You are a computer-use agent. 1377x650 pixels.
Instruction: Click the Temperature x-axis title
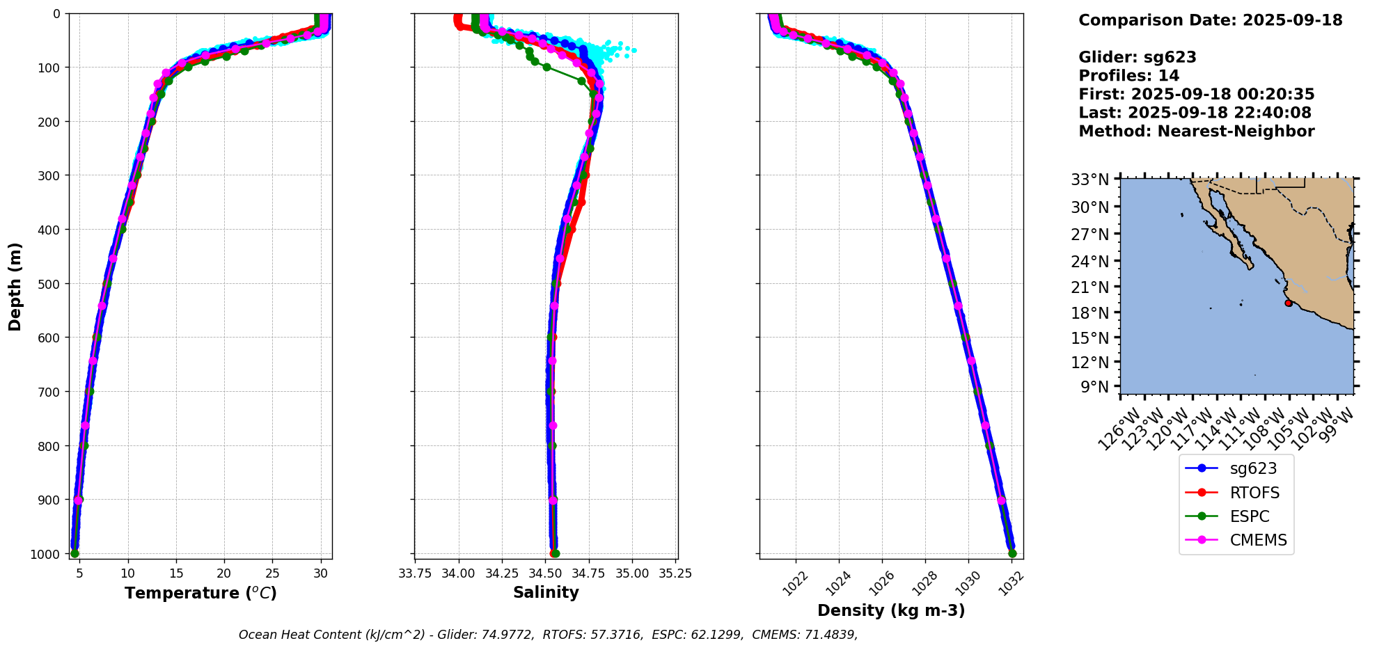[x=200, y=593]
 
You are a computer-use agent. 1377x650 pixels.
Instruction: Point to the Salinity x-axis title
[x=546, y=593]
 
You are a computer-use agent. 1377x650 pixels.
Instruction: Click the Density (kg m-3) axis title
[x=891, y=611]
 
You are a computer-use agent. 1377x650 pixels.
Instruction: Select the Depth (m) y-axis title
[x=15, y=286]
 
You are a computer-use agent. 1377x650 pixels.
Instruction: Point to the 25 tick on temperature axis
[x=273, y=573]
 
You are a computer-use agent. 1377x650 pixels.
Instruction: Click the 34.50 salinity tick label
[x=545, y=573]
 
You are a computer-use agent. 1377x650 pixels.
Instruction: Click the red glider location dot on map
[x=1289, y=303]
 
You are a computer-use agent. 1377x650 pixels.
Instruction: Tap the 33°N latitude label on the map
[x=1090, y=180]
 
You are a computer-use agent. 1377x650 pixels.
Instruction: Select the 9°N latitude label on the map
[x=1094, y=387]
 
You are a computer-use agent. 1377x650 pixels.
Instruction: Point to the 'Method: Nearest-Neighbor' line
[x=1196, y=131]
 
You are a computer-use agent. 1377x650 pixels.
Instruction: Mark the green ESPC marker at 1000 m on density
[x=1012, y=554]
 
